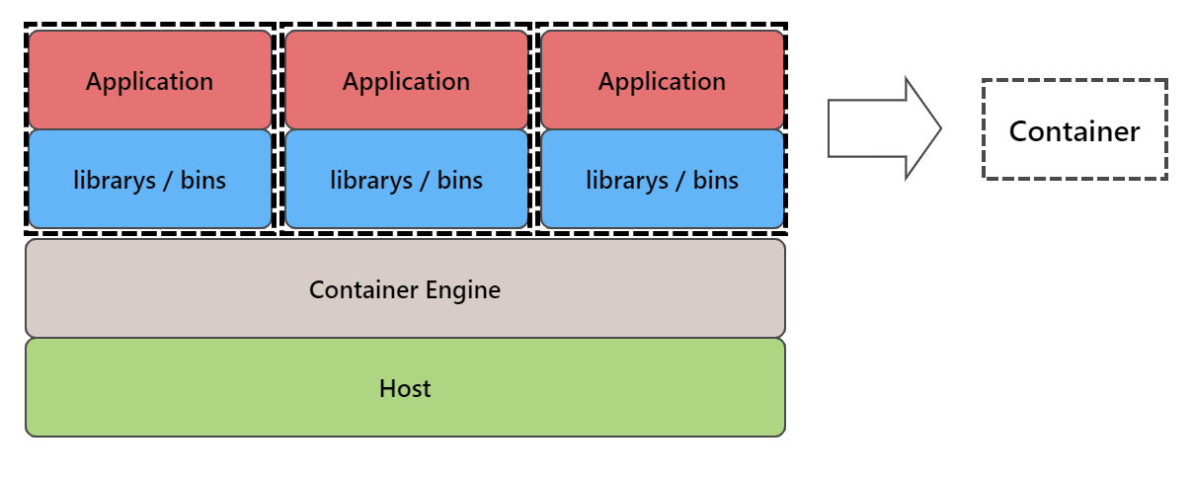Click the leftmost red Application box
(x=149, y=80)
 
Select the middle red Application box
(x=406, y=80)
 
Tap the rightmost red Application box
(x=662, y=80)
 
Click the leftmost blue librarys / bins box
(x=149, y=180)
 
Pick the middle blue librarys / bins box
(x=406, y=180)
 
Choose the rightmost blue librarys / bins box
(x=662, y=180)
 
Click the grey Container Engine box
(x=405, y=288)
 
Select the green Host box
(x=405, y=387)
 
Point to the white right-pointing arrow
(x=879, y=128)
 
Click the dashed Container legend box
(x=1074, y=129)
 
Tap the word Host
(x=405, y=388)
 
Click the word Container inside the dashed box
(x=1074, y=131)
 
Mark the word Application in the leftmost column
(x=149, y=81)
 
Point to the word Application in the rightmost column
(x=662, y=81)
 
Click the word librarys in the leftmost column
(x=112, y=181)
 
